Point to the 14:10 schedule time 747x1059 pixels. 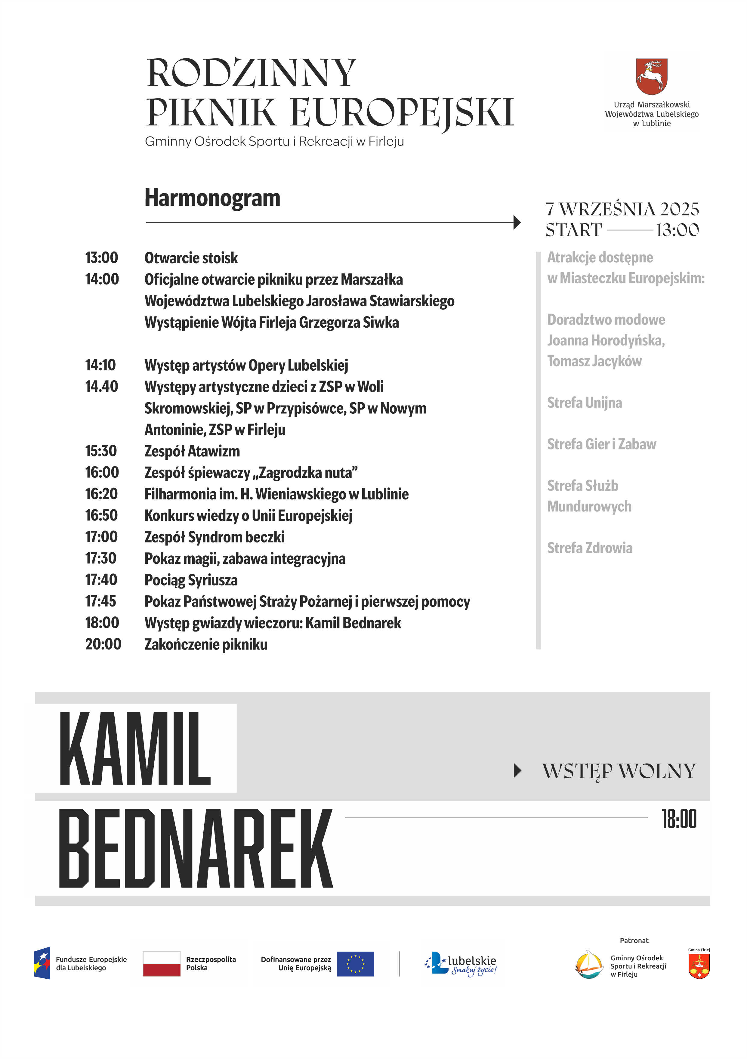(x=100, y=365)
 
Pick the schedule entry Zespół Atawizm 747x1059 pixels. (x=192, y=451)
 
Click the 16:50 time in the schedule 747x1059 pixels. (x=101, y=515)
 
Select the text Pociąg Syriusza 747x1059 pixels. (x=191, y=580)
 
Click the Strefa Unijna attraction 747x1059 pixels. (x=584, y=403)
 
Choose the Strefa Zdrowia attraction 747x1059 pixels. (x=589, y=548)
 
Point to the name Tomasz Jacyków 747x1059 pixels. (x=594, y=361)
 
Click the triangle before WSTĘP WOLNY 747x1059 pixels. (x=517, y=771)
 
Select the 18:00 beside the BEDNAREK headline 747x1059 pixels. (x=679, y=819)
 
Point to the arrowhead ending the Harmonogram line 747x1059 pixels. (x=517, y=222)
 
